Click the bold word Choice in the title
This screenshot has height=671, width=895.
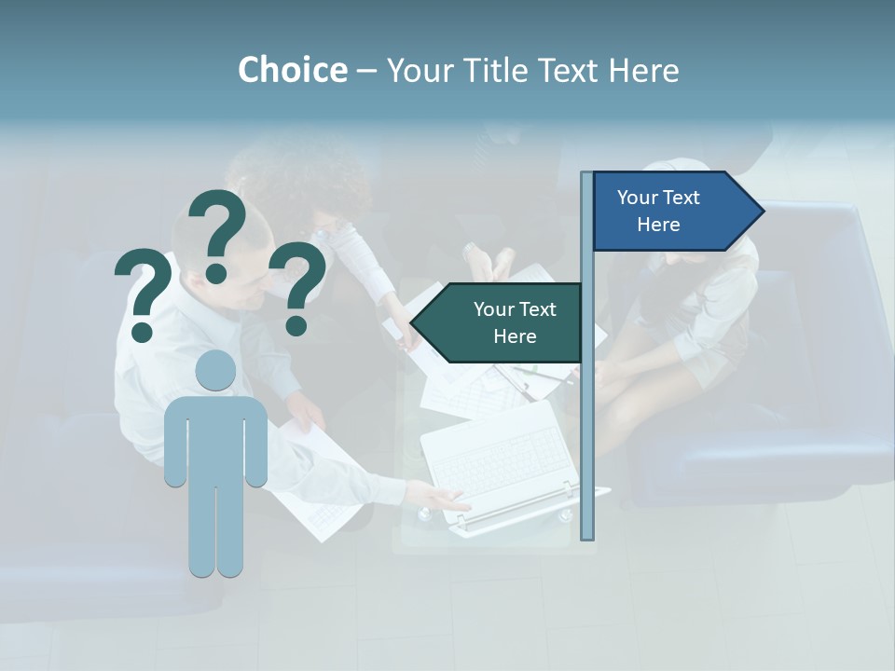[292, 70]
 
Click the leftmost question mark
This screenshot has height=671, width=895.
[142, 289]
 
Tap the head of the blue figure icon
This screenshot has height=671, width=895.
[215, 370]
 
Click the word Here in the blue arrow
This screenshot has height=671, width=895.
[658, 225]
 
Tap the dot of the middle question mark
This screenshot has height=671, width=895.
[216, 273]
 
